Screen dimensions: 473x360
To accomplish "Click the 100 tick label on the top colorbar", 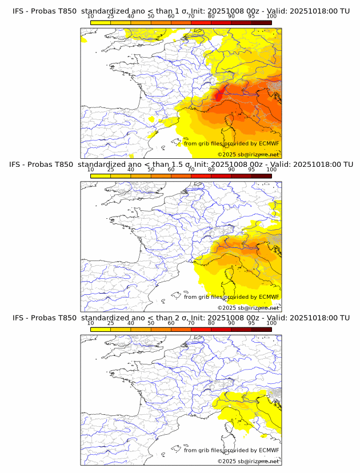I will coord(271,16).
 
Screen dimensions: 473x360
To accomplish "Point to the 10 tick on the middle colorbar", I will coord(91,170).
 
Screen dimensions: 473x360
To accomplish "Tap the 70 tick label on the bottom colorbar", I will coord(191,323).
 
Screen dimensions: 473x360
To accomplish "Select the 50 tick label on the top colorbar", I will coord(151,16).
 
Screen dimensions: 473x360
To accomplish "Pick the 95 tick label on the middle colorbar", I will coord(251,170).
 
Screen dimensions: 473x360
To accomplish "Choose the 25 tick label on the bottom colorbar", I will coord(111,323).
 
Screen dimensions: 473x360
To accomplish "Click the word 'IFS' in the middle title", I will coord(19,164).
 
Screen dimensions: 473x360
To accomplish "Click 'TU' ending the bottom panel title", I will coord(345,318).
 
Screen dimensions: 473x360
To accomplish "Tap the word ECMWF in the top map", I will coord(269,144).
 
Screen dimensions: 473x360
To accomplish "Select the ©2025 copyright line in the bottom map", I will coord(248,461).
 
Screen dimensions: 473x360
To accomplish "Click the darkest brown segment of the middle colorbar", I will coord(261,175).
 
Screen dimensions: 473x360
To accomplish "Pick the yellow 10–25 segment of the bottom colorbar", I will coord(101,329).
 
